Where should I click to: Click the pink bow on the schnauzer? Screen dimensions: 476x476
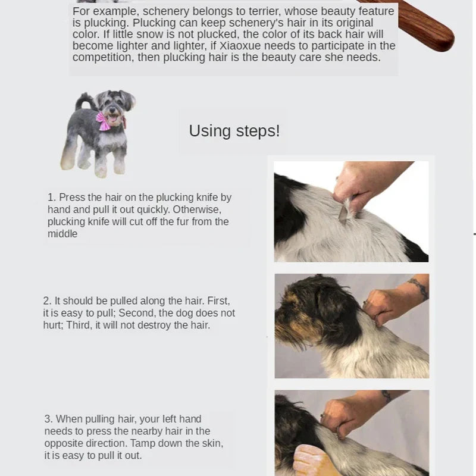(104, 121)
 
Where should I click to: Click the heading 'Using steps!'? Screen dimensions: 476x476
(234, 131)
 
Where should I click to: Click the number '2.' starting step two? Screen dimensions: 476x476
(47, 301)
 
